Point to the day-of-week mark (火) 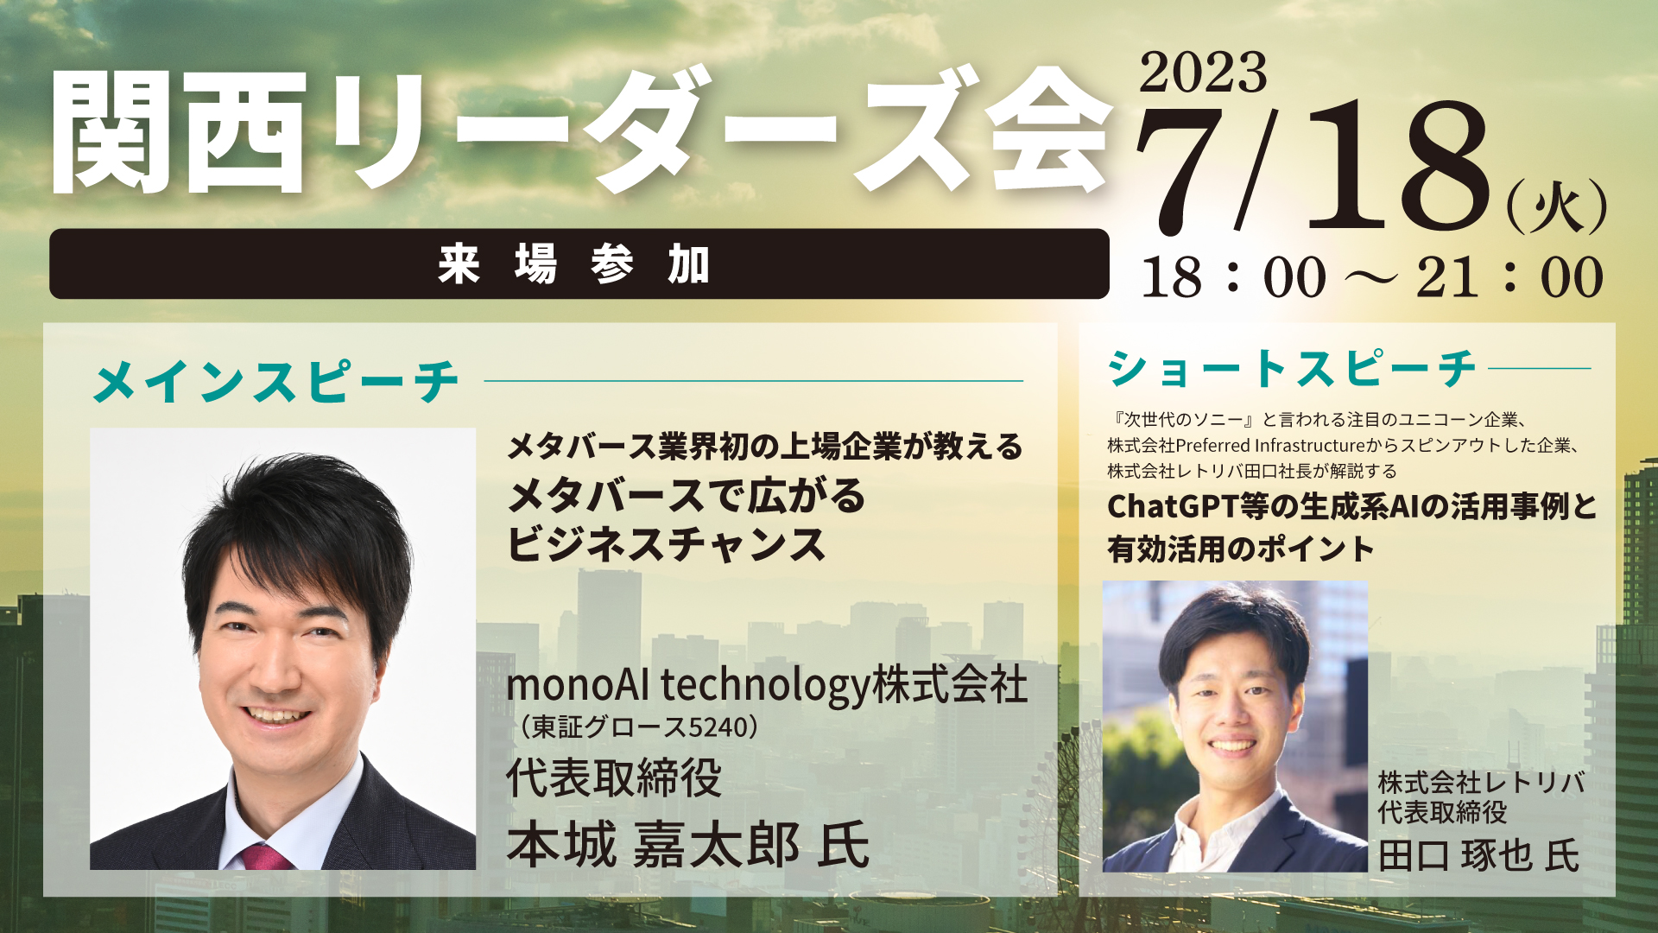pyautogui.click(x=1557, y=207)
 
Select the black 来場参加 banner pyautogui.click(x=579, y=263)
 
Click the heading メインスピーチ pyautogui.click(x=275, y=381)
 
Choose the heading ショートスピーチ pyautogui.click(x=1292, y=369)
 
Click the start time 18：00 pyautogui.click(x=1233, y=277)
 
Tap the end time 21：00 pyautogui.click(x=1509, y=277)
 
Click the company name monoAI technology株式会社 pyautogui.click(x=767, y=684)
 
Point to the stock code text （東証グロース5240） pyautogui.click(x=638, y=727)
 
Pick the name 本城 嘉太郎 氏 pyautogui.click(x=687, y=844)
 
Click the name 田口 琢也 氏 pyautogui.click(x=1479, y=855)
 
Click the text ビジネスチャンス pyautogui.click(x=667, y=544)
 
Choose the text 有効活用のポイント pyautogui.click(x=1241, y=549)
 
